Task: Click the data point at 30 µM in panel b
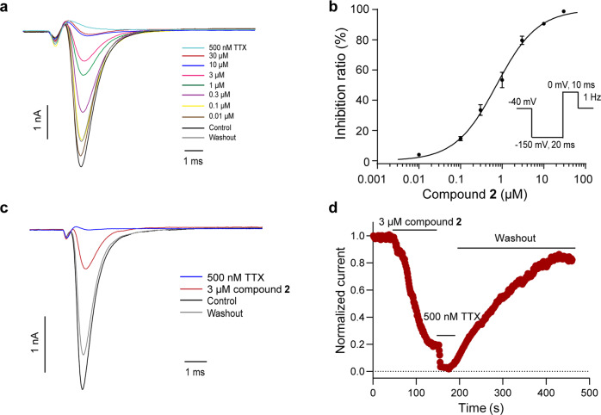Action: point(564,12)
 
